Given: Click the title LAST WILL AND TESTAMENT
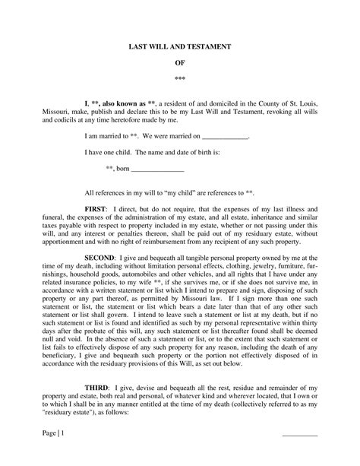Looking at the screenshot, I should (179, 47).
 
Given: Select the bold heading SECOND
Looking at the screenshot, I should (101, 258).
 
